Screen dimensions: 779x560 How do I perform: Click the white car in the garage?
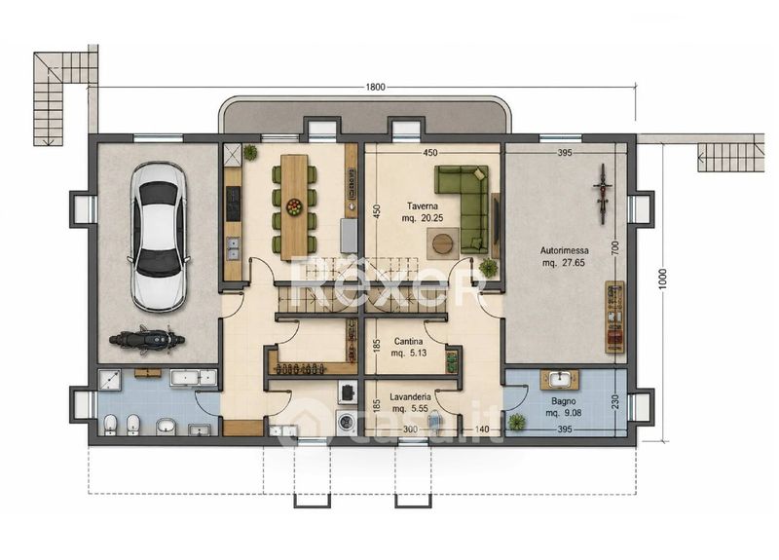pyautogui.click(x=159, y=238)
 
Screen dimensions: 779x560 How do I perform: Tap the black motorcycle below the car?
pyautogui.click(x=147, y=340)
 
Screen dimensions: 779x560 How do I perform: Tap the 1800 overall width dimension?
pyautogui.click(x=376, y=87)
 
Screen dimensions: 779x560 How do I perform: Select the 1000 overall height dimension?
pyautogui.click(x=662, y=280)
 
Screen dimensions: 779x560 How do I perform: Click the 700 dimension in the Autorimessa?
pyautogui.click(x=615, y=247)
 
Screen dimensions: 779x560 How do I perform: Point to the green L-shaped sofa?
pyautogui.click(x=463, y=208)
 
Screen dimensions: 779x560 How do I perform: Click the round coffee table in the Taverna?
pyautogui.click(x=442, y=243)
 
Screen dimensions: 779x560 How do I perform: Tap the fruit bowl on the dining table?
pyautogui.click(x=294, y=206)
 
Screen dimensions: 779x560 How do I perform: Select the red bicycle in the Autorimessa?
pyautogui.click(x=602, y=193)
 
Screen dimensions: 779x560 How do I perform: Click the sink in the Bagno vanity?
pyautogui.click(x=559, y=380)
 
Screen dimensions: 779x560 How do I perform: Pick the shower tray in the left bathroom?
pyautogui.click(x=109, y=380)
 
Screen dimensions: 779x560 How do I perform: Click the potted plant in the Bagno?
pyautogui.click(x=517, y=423)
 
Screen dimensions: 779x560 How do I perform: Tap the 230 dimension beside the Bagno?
pyautogui.click(x=615, y=400)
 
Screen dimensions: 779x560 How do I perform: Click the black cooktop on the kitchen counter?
pyautogui.click(x=233, y=204)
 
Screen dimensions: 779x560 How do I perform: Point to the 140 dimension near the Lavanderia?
pyautogui.click(x=482, y=429)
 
